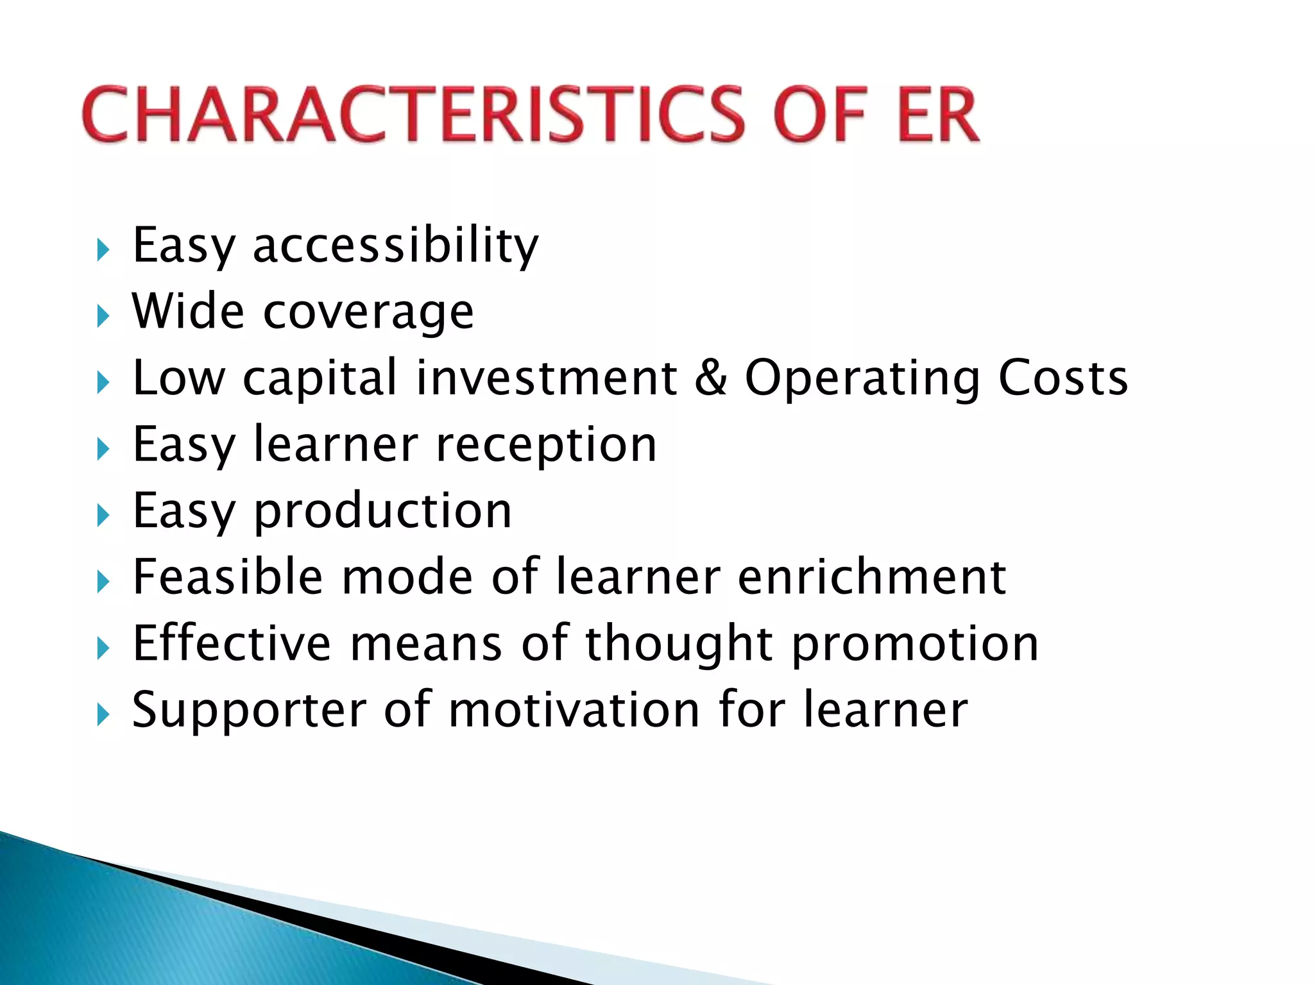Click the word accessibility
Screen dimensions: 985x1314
[396, 246]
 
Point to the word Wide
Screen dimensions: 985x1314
[189, 311]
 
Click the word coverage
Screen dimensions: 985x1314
[368, 314]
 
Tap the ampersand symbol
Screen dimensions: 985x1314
[711, 378]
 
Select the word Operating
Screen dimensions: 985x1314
[862, 379]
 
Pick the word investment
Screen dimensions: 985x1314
[546, 378]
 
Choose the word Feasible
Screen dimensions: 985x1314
[228, 577]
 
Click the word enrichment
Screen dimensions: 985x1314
[872, 577]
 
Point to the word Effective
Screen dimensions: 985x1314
[232, 643]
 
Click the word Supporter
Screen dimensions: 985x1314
[249, 711]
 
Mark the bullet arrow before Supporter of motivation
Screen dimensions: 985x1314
[103, 714]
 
